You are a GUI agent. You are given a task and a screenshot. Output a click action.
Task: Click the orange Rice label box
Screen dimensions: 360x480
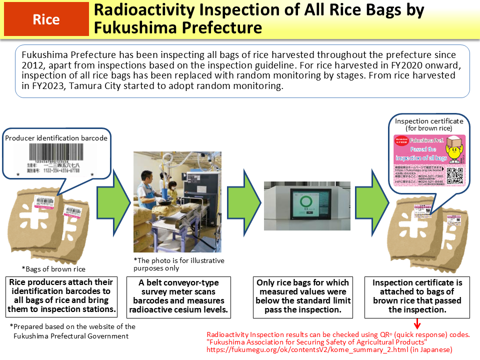point(46,19)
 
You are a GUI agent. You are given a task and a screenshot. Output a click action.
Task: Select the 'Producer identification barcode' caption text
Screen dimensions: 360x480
point(56,137)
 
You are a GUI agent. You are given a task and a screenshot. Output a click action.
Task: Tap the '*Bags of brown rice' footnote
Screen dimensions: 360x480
point(53,269)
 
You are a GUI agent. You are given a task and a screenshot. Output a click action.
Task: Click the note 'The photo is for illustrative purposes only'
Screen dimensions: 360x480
point(178,264)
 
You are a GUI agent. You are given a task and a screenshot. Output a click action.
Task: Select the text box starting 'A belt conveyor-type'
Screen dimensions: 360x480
point(178,296)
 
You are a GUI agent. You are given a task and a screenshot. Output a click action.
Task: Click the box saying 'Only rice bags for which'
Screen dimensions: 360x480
point(303,296)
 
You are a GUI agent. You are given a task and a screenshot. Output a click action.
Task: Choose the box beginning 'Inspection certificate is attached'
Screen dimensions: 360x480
point(417,296)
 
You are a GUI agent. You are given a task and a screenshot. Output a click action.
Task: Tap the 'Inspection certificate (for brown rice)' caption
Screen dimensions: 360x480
point(429,124)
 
